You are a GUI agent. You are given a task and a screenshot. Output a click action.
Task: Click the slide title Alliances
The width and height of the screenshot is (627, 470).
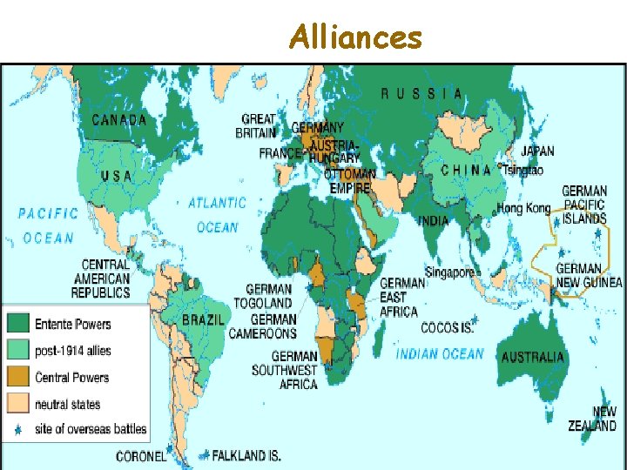tap(355, 37)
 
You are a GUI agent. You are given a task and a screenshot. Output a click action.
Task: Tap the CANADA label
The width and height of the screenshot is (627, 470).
tap(119, 120)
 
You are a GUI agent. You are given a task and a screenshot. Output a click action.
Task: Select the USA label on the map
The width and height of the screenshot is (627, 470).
tap(117, 176)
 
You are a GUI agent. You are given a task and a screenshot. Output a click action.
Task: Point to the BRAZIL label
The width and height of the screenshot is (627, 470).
tap(205, 320)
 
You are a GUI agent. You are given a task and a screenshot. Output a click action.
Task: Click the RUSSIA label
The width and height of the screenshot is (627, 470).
tap(421, 93)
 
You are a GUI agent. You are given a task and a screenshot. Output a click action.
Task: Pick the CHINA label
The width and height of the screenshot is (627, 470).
tap(466, 170)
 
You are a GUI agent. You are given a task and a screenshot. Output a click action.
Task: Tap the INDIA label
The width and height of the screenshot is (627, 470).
tap(434, 221)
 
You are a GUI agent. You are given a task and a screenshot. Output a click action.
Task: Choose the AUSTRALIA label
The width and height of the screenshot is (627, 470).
tap(533, 357)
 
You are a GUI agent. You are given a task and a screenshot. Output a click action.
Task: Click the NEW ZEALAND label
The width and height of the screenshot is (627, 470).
tap(604, 419)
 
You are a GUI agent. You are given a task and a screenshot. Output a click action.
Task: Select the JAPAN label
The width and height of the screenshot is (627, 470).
tap(537, 151)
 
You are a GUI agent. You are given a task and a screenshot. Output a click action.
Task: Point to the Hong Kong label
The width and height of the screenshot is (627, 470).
tap(524, 208)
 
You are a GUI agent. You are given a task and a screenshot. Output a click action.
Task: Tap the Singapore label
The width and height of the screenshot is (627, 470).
tap(449, 272)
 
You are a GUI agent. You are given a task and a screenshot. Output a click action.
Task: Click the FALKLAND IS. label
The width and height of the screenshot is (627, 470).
tap(252, 454)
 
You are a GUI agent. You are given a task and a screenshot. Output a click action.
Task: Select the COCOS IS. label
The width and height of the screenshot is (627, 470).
tap(447, 327)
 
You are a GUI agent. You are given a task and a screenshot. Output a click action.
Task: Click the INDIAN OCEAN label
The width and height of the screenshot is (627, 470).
tap(440, 353)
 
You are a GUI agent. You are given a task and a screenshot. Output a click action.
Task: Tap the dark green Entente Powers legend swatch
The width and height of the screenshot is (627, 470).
tap(18, 324)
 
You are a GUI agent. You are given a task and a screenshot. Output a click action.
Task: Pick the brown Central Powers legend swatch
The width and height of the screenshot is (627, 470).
tap(18, 377)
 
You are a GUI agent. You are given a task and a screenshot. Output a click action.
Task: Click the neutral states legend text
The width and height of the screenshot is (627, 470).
tap(67, 404)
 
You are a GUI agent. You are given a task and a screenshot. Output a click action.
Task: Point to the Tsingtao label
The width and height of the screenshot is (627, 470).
tap(522, 170)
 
